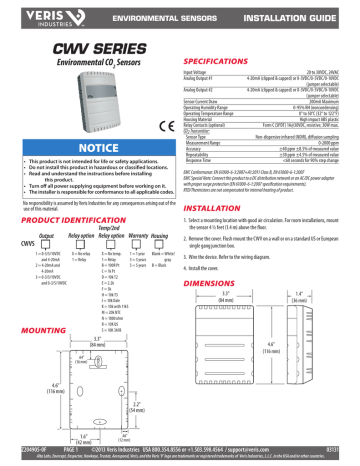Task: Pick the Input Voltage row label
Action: [x=201, y=73]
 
